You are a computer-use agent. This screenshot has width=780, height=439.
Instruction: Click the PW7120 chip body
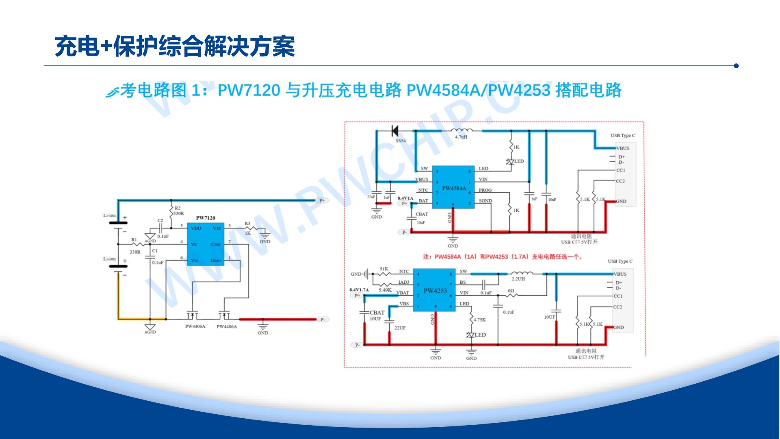[205, 244]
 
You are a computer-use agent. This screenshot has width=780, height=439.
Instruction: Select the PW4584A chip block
[453, 187]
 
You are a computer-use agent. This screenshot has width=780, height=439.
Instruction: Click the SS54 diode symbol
[394, 131]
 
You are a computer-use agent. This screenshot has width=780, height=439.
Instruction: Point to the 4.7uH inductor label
[461, 137]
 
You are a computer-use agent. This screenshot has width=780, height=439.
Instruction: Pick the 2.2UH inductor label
[518, 279]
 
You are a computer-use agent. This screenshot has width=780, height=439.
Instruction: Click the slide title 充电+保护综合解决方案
[175, 46]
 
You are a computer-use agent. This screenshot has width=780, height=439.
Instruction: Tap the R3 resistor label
[247, 224]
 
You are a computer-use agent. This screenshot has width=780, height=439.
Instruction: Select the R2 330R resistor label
[178, 211]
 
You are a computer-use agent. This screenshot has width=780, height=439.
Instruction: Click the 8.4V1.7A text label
[359, 290]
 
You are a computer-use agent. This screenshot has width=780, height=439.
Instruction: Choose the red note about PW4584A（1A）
[503, 257]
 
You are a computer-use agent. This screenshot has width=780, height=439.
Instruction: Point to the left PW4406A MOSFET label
[195, 326]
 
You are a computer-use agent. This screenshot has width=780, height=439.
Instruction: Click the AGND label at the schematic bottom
[150, 332]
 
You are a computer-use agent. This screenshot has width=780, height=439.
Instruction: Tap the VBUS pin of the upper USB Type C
[622, 148]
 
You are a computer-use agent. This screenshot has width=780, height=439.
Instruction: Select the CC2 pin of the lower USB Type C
[617, 307]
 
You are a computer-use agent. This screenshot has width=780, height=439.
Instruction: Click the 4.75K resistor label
[479, 320]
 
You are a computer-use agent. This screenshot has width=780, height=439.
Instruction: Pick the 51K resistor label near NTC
[384, 269]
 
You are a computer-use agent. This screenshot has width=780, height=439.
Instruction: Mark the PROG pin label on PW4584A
[485, 190]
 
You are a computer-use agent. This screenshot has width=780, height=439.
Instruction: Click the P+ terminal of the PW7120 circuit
[322, 200]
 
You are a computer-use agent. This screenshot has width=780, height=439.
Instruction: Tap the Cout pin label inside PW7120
[216, 244]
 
